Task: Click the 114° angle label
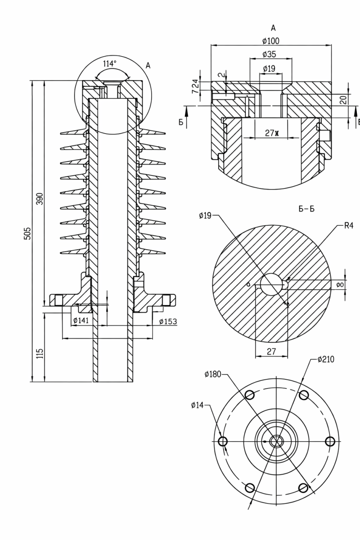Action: pos(110,63)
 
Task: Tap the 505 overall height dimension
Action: pos(27,233)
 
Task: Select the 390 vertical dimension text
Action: pos(40,198)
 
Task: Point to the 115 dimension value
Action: pos(40,354)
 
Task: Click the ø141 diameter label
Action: pos(81,320)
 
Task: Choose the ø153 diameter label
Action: pos(168,321)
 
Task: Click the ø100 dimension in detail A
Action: pos(270,41)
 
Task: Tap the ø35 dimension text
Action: pos(269,54)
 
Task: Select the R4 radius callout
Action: pos(348,225)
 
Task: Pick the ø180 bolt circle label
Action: pos(212,374)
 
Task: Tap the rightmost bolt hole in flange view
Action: pos(330,441)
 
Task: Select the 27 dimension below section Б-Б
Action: pos(271,351)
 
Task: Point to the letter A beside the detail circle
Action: pos(148,66)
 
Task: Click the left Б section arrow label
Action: pos(181,122)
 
